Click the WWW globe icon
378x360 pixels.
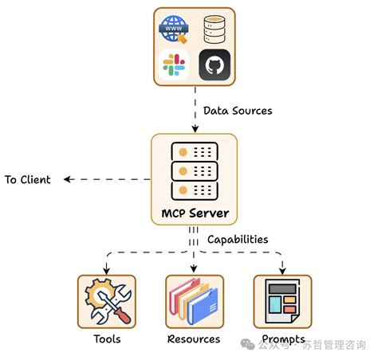point(173,29)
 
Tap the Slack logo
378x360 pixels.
point(173,65)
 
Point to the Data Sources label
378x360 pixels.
point(238,111)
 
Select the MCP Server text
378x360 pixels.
point(195,213)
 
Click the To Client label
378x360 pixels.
point(28,179)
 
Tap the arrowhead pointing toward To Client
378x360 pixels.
point(69,179)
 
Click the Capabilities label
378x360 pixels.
point(238,239)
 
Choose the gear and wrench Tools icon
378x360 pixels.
point(106,301)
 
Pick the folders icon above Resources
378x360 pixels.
point(194,301)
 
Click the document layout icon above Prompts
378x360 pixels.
point(282,301)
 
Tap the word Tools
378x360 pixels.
point(106,339)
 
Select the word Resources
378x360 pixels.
point(194,339)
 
